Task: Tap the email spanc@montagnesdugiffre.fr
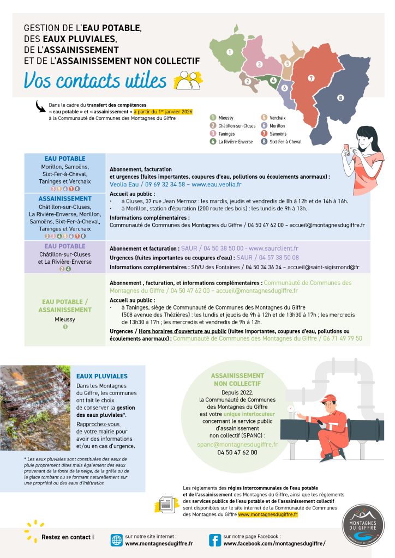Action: coord(237,444)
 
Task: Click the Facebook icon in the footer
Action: coord(215,539)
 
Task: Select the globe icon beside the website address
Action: coord(117,539)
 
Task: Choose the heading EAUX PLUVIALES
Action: coord(102,376)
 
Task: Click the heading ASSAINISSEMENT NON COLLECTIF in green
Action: coord(237,379)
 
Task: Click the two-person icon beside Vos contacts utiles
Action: coord(188,80)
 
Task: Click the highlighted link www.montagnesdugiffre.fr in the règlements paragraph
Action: coord(267,514)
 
